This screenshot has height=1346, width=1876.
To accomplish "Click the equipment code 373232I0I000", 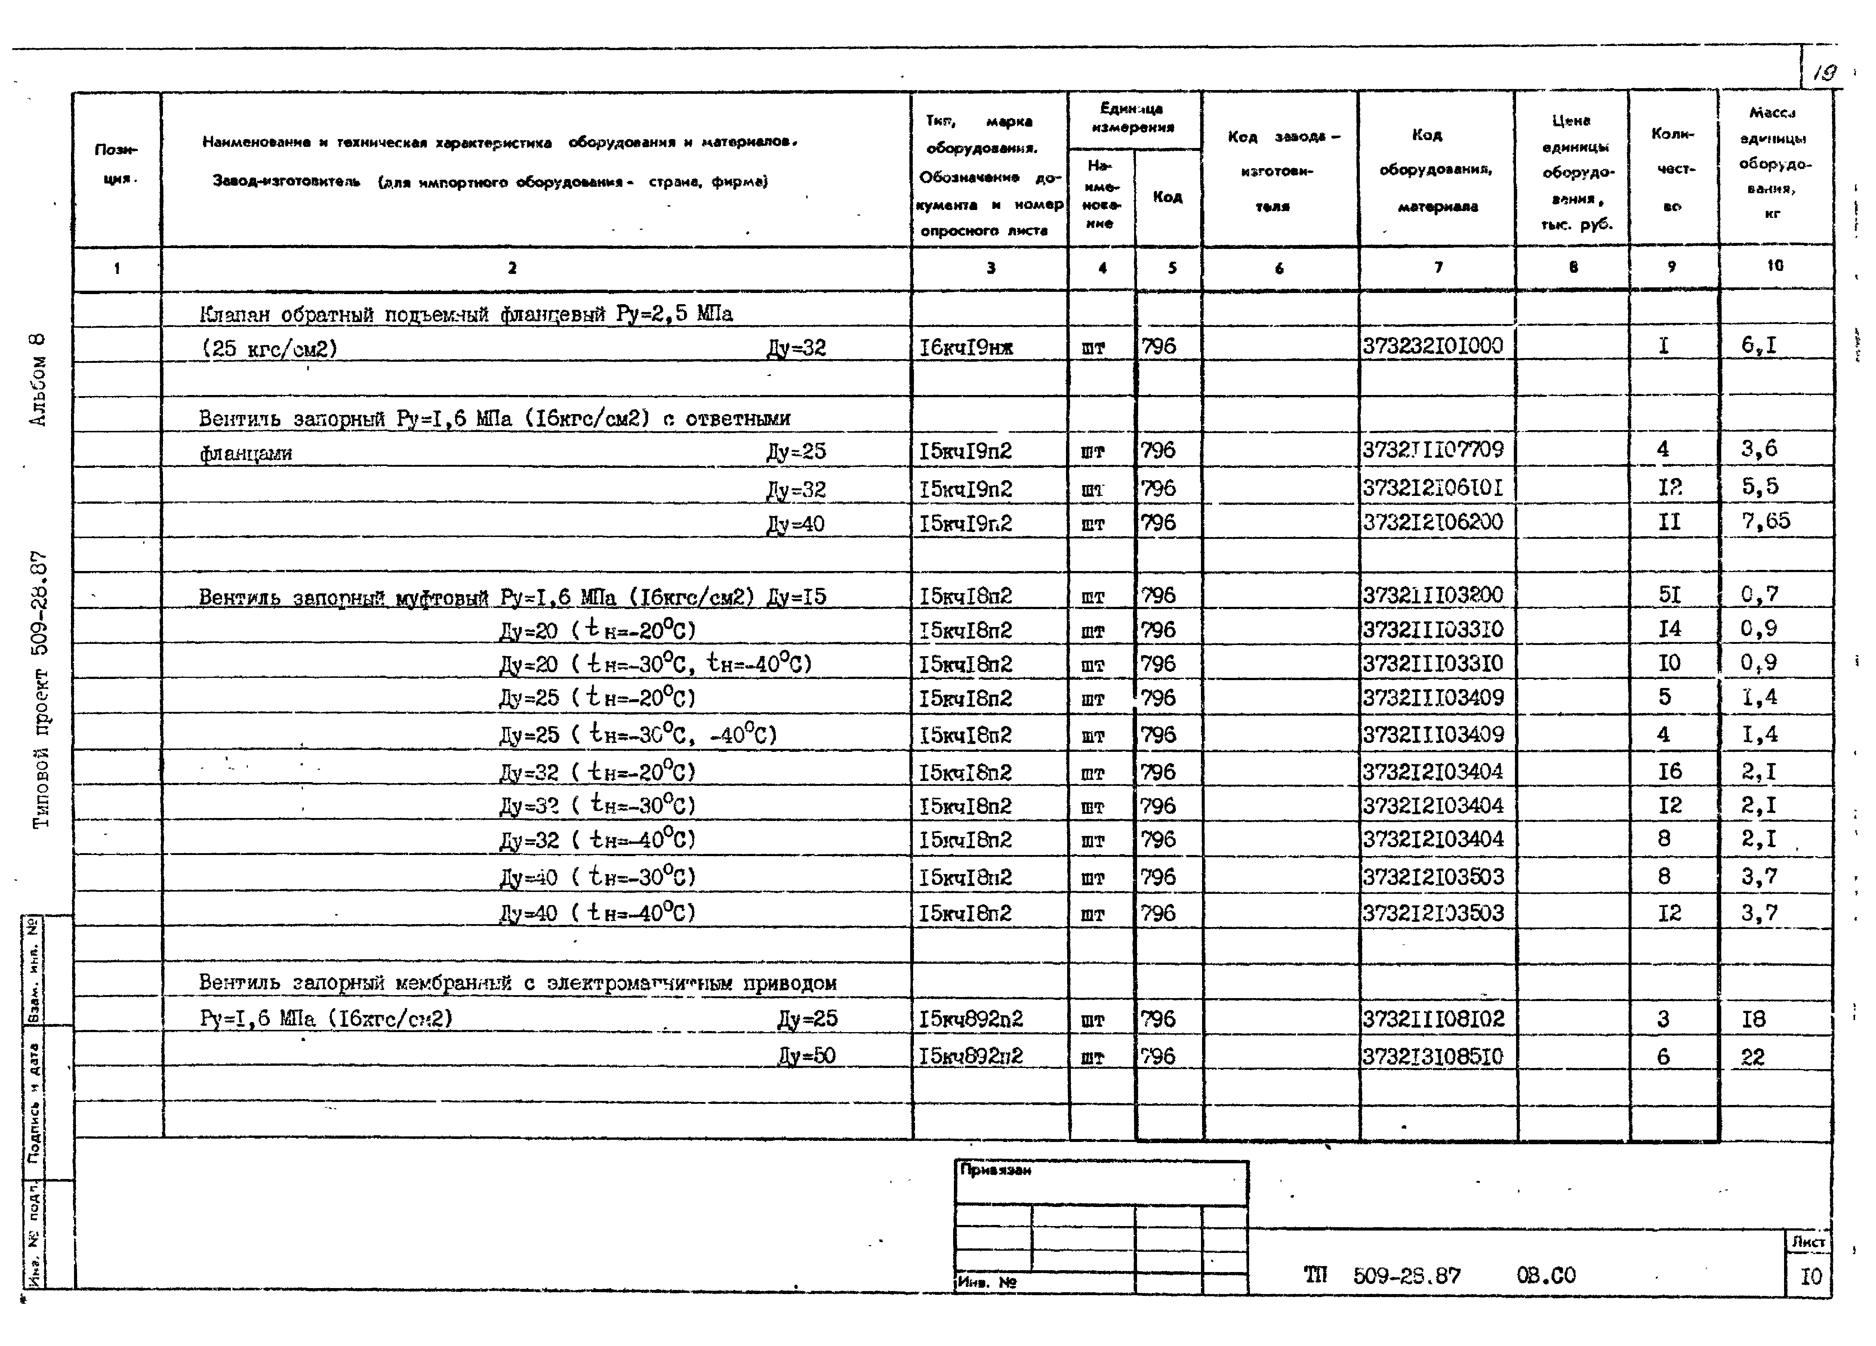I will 1433,346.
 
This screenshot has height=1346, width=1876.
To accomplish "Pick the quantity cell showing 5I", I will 1669,595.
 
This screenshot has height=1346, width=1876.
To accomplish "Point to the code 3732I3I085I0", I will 1433,1056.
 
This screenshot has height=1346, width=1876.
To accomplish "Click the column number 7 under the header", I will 1438,267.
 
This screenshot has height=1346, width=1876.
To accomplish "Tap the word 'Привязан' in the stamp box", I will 995,1170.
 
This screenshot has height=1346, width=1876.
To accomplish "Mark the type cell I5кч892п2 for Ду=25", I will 970,1019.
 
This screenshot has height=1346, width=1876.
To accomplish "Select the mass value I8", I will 1753,1019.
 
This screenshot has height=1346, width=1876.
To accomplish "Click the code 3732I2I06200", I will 1433,522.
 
